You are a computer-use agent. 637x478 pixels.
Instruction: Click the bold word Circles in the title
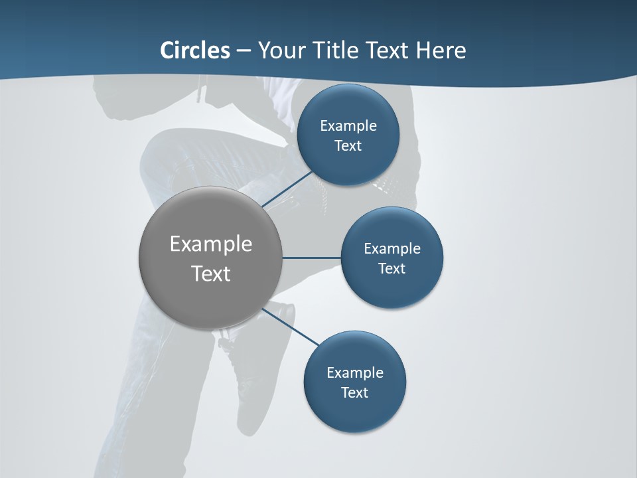(195, 50)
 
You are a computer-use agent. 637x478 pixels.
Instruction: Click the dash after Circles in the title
(243, 51)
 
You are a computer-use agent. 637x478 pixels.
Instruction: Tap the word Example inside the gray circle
(211, 244)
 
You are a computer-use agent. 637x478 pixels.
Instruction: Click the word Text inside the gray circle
(211, 274)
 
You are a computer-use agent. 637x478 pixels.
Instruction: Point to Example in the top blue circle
(348, 125)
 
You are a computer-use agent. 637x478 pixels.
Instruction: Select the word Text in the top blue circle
(348, 145)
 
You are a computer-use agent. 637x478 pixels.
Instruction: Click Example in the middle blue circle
(391, 248)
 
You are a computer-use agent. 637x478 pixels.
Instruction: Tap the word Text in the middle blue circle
(391, 268)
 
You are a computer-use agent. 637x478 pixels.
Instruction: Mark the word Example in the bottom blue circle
(354, 372)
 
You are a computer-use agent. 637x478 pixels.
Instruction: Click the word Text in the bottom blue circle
(354, 392)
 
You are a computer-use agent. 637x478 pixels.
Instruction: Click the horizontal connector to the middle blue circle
(312, 258)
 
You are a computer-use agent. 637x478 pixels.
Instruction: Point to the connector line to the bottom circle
(292, 327)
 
